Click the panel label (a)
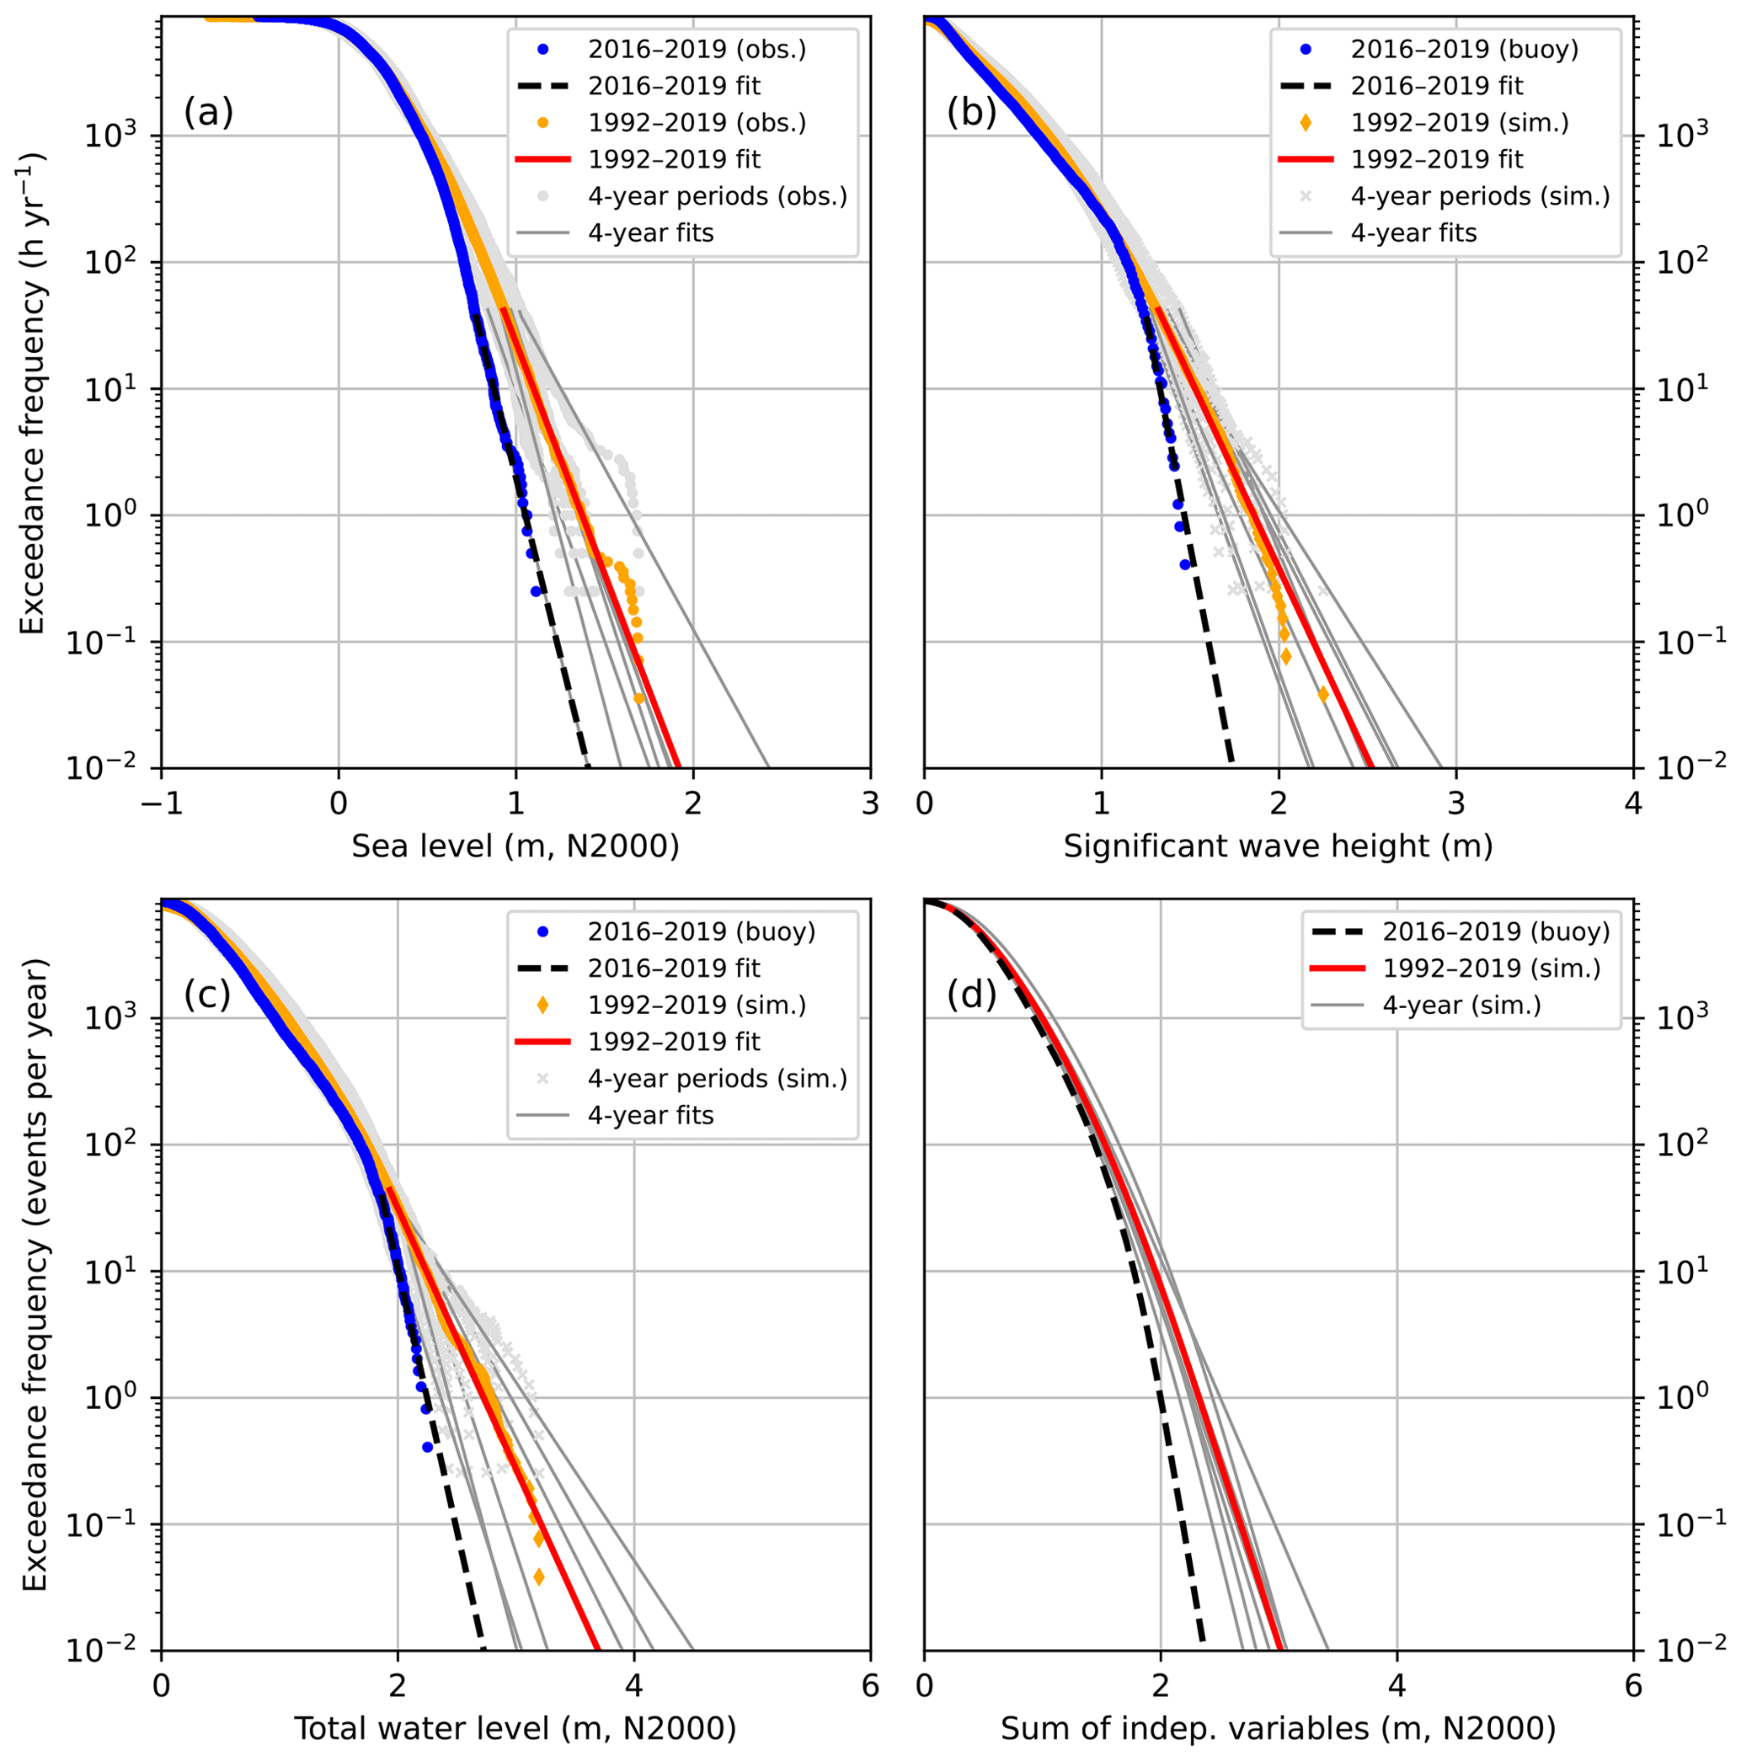(x=209, y=113)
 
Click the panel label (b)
(x=972, y=113)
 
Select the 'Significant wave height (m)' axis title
(x=1278, y=846)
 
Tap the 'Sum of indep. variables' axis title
(x=1278, y=1729)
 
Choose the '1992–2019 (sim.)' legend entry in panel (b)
(x=1460, y=122)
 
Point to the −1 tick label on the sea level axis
(x=162, y=804)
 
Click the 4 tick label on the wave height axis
(x=1632, y=804)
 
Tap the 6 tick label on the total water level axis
(x=869, y=1686)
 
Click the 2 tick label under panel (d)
(x=1161, y=1686)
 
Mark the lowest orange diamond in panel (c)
(x=539, y=1576)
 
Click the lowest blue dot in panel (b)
(x=1184, y=565)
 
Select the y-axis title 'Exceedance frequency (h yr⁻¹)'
(x=33, y=392)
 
